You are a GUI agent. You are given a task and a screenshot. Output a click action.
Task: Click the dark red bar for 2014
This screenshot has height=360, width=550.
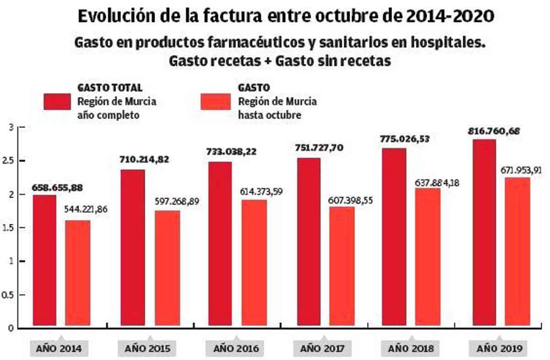[44, 261]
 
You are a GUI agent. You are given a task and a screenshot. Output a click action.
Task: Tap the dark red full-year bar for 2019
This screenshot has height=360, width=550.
[484, 234]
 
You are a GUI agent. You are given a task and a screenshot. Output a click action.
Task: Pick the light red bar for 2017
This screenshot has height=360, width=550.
[341, 267]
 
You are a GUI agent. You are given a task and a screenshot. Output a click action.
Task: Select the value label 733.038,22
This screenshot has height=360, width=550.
[233, 155]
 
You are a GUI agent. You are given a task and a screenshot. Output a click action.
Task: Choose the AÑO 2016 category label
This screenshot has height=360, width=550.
[236, 349]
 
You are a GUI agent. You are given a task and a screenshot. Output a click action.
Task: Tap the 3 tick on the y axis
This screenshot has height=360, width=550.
[11, 127]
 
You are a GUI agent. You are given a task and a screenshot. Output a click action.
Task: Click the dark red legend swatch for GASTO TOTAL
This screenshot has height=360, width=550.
[57, 102]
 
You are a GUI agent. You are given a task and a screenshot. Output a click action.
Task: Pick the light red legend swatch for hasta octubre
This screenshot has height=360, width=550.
[215, 102]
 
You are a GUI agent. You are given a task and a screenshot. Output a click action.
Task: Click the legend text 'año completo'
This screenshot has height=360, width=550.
[108, 115]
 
